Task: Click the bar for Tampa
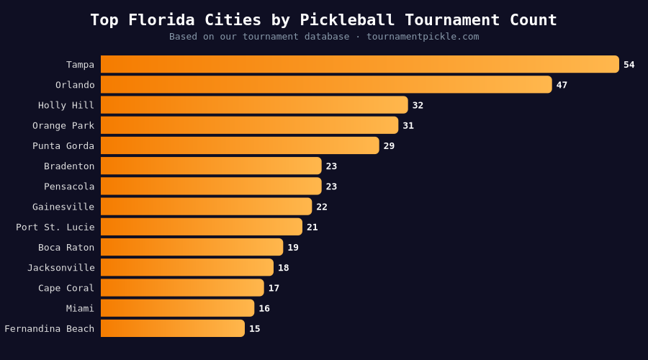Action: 359,64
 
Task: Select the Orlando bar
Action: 326,84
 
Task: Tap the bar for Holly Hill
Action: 254,105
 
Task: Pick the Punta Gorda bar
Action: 240,145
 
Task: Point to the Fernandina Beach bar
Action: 173,328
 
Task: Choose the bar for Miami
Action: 177,308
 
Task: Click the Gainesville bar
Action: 206,207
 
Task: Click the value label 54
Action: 629,65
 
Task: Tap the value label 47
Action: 562,85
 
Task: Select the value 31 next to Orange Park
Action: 408,125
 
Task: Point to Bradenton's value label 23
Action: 331,166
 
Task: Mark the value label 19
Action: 293,248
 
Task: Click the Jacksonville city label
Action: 61,268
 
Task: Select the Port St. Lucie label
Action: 55,227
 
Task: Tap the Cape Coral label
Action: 66,288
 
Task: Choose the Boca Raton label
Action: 66,248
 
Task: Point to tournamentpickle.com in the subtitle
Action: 423,37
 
